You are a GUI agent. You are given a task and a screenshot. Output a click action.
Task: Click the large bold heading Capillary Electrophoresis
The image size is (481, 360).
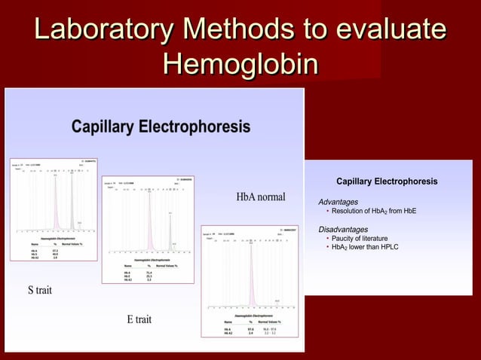point(161,127)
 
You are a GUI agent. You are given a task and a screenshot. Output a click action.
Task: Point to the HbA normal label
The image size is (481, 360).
point(261,197)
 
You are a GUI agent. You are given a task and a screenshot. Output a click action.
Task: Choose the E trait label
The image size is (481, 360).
point(139,319)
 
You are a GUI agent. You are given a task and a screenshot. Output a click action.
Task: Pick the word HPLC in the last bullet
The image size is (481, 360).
point(388,247)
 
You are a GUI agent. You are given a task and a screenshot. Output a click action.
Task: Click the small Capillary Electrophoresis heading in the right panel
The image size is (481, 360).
point(386,182)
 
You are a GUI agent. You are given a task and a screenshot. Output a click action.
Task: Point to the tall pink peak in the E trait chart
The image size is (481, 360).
point(149,218)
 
